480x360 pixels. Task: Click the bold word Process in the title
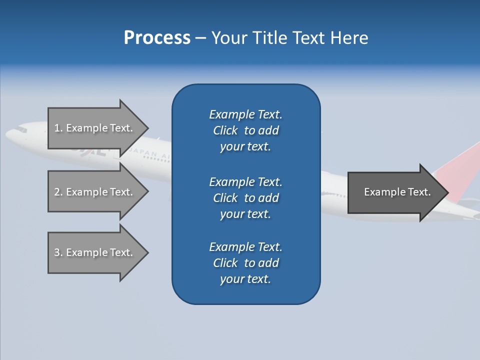157,38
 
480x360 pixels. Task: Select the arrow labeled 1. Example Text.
95,128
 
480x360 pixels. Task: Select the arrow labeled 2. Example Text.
95,192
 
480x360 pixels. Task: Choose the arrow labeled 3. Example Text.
95,252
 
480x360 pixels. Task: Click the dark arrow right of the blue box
395,192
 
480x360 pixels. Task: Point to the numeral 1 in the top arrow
56,128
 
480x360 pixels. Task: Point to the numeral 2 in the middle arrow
57,192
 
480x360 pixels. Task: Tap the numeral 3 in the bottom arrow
57,252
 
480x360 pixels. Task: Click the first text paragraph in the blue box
245,130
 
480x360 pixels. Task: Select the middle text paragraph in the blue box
245,197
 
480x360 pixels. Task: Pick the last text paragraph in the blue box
245,263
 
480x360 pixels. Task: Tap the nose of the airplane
9,134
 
